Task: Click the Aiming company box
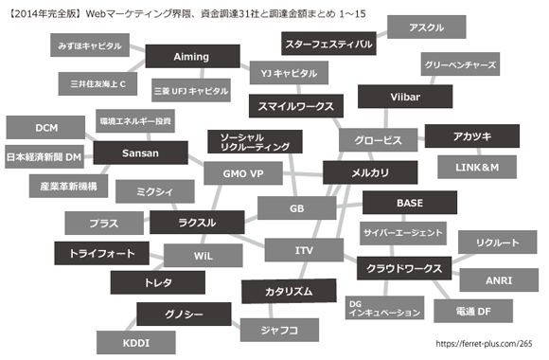[190, 58]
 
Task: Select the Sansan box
[140, 153]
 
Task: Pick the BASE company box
[409, 203]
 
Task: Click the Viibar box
[404, 98]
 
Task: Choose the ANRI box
[498, 280]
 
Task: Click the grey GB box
[296, 207]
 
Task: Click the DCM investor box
[46, 128]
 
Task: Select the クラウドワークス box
[399, 269]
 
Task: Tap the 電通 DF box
[472, 311]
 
